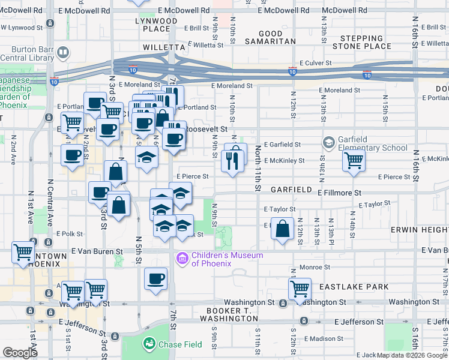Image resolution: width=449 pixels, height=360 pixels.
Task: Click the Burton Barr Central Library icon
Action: (x=62, y=53)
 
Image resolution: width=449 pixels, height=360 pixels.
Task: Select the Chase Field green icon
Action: (x=149, y=344)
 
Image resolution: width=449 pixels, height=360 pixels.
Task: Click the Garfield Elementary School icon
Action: (x=328, y=143)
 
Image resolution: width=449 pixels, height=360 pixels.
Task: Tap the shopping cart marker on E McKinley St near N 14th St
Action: (x=354, y=160)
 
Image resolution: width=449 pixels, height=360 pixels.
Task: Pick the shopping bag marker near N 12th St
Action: (x=282, y=229)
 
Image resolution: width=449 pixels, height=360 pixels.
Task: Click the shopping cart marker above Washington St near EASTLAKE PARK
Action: (x=299, y=289)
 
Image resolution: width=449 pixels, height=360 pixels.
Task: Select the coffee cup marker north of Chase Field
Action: (x=156, y=279)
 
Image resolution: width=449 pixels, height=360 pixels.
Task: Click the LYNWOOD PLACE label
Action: (x=157, y=25)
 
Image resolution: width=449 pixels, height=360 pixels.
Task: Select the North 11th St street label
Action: (x=258, y=167)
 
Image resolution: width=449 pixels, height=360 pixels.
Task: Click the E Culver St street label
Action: (x=312, y=62)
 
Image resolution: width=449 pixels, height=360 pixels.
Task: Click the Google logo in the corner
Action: (x=20, y=353)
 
